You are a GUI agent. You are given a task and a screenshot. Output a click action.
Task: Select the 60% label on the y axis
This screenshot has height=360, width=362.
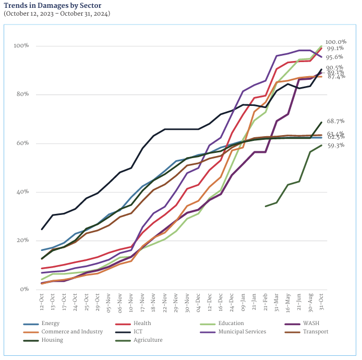point(22,143)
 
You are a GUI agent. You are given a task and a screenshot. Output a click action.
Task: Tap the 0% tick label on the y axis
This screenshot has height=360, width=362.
point(24,290)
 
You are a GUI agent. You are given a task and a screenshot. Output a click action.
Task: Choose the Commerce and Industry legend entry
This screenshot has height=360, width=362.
point(71,332)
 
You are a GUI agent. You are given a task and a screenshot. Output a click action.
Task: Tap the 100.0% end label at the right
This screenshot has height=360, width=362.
point(335,42)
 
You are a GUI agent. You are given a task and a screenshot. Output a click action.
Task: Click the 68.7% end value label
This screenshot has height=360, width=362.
point(335,122)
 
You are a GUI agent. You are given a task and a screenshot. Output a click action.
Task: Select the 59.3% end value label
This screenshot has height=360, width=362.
point(335,146)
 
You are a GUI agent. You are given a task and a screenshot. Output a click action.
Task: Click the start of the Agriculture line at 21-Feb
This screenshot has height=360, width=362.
point(266,206)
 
